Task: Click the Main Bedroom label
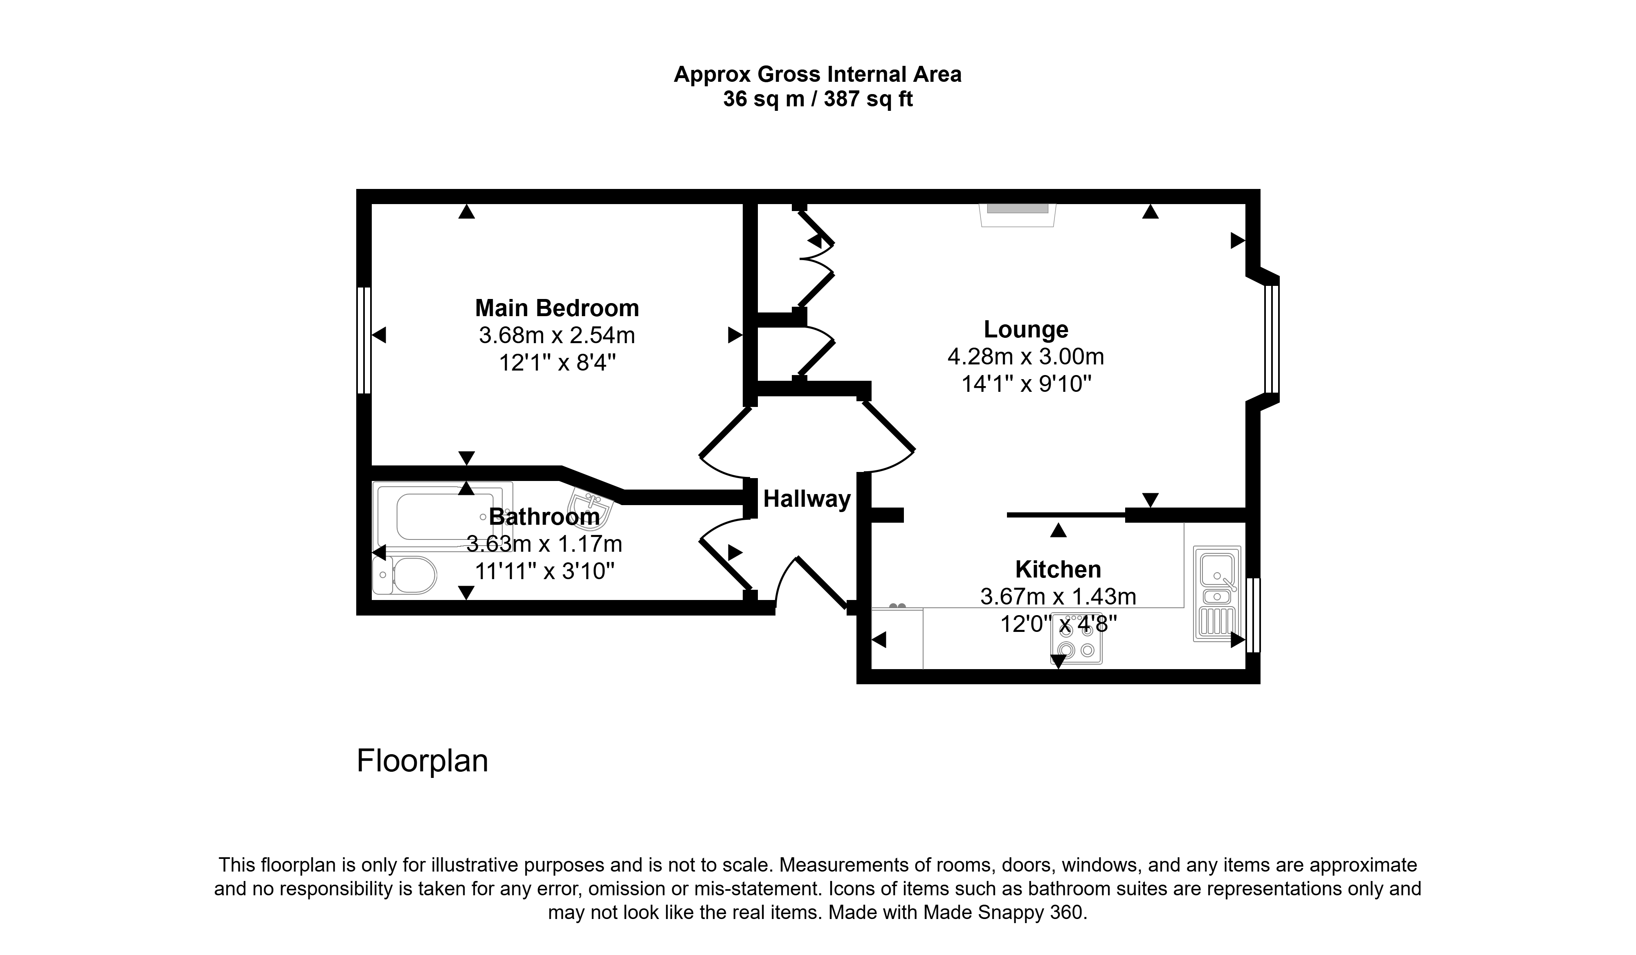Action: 557,308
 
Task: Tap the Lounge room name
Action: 1026,329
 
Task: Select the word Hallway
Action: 807,499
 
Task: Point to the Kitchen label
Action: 1058,569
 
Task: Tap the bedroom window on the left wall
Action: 364,340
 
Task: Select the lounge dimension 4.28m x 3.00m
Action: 1026,356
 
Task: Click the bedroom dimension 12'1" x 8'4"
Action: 557,362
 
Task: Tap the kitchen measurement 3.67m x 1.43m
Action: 1058,597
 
